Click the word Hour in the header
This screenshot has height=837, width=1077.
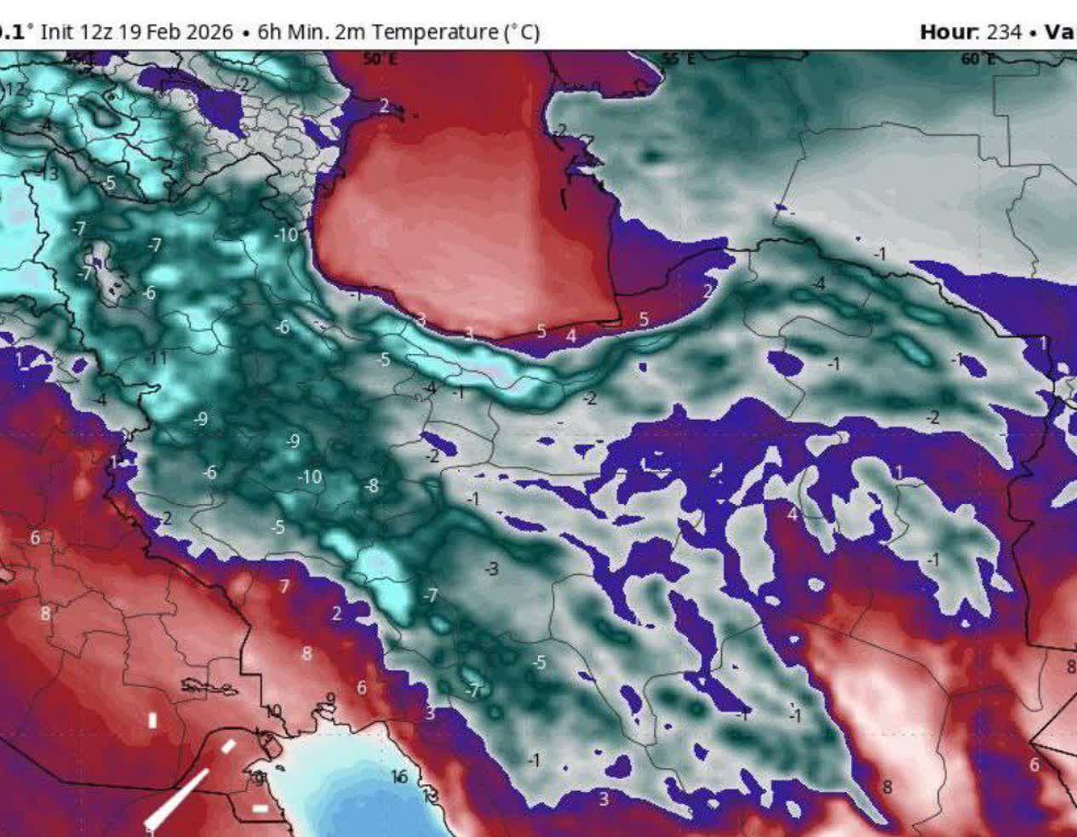(947, 32)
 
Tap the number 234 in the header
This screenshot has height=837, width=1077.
(1004, 32)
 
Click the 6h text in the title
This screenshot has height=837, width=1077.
(268, 32)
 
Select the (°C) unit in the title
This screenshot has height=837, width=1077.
(523, 32)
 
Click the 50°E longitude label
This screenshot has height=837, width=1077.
(380, 58)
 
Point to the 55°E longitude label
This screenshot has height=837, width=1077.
(679, 58)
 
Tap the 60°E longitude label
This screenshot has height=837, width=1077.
(977, 58)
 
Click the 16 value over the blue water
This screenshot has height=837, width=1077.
(399, 777)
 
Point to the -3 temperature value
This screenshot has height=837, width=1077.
(491, 568)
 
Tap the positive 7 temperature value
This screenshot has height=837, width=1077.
(284, 586)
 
